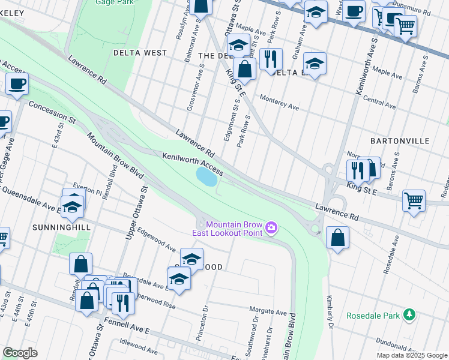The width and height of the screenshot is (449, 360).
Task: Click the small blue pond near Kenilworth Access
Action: tap(206, 177)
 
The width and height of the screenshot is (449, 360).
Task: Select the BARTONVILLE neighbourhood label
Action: tap(400, 140)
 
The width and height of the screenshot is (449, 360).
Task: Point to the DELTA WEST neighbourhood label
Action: tap(140, 53)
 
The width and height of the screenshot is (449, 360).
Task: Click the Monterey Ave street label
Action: tap(279, 102)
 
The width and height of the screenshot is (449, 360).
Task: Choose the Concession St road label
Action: tap(53, 112)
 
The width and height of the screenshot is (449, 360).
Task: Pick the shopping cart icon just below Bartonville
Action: tap(414, 201)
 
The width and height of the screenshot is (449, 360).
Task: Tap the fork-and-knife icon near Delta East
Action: tap(271, 59)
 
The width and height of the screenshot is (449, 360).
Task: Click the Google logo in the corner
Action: tap(20, 353)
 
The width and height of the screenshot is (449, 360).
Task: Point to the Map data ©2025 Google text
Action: tap(411, 355)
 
